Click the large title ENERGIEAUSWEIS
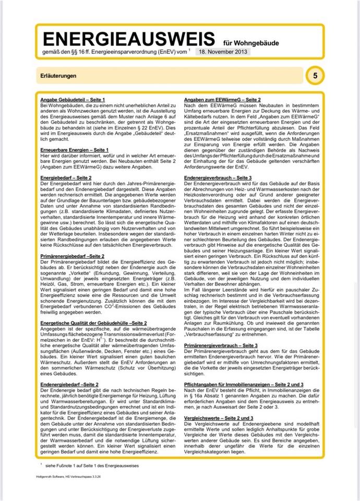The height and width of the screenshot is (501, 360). (128, 39)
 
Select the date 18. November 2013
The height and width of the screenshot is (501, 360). (224, 53)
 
